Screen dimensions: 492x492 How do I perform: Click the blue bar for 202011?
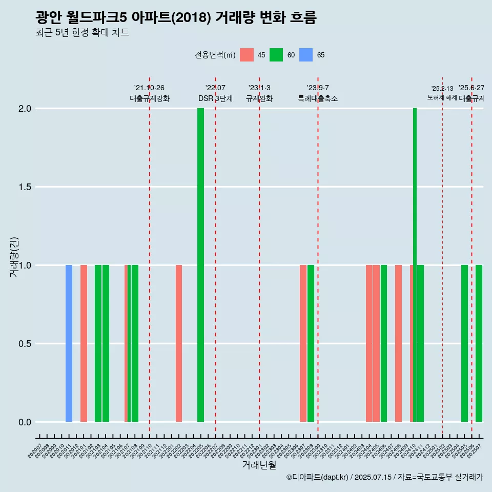[x=69, y=343]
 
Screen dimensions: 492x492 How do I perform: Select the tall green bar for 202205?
[x=200, y=265]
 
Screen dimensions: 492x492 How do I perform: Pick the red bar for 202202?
[x=179, y=343]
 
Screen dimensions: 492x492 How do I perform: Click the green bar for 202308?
[x=311, y=343]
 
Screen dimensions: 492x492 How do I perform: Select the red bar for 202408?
[x=398, y=343]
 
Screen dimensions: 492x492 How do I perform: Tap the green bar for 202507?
[x=479, y=343]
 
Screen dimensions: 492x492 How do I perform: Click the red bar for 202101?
[x=84, y=343]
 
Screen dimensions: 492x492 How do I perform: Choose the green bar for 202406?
[x=384, y=343]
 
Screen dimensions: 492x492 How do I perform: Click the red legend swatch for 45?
[x=247, y=55]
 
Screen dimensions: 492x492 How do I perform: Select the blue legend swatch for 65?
[x=306, y=55]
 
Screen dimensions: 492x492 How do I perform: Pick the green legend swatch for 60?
[x=276, y=55]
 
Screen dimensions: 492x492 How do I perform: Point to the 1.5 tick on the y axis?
[x=25, y=187]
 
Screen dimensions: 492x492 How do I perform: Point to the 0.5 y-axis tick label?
[x=25, y=344]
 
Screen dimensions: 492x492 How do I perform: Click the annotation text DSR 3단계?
[x=215, y=98]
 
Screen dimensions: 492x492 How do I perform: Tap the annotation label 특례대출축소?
[x=318, y=98]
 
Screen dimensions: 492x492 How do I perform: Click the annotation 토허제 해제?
[x=442, y=97]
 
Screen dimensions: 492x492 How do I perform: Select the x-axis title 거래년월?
[x=259, y=465]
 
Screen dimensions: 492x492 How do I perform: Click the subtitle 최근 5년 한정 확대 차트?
[x=82, y=33]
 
